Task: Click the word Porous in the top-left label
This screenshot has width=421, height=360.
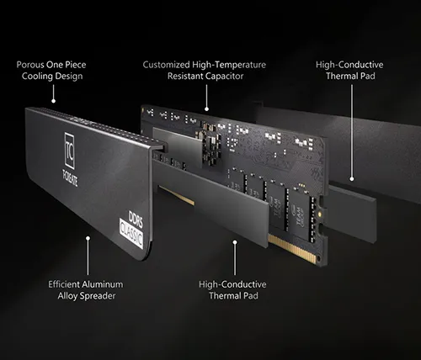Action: (x=30, y=65)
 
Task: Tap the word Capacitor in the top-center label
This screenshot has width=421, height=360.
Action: (x=225, y=77)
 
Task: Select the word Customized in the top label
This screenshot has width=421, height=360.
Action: (x=166, y=65)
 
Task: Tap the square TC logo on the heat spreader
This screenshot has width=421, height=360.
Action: (x=70, y=151)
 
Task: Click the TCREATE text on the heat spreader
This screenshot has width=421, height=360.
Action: (x=70, y=178)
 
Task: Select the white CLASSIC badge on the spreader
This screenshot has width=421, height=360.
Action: (x=131, y=234)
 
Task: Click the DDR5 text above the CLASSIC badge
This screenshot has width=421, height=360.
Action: (x=136, y=219)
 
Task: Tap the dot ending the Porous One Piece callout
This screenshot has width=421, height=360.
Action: (x=53, y=101)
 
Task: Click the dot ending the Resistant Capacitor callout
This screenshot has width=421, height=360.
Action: (x=206, y=109)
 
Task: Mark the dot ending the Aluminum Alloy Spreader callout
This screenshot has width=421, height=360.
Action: (x=88, y=238)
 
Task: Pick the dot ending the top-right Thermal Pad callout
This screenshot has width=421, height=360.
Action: (x=352, y=179)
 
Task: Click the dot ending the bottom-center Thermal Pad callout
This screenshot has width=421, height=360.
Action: (x=235, y=242)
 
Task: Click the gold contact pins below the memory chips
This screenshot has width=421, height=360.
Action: (x=293, y=249)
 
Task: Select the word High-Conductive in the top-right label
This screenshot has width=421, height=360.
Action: (x=349, y=65)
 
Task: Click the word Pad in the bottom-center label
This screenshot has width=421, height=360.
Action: (x=250, y=296)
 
